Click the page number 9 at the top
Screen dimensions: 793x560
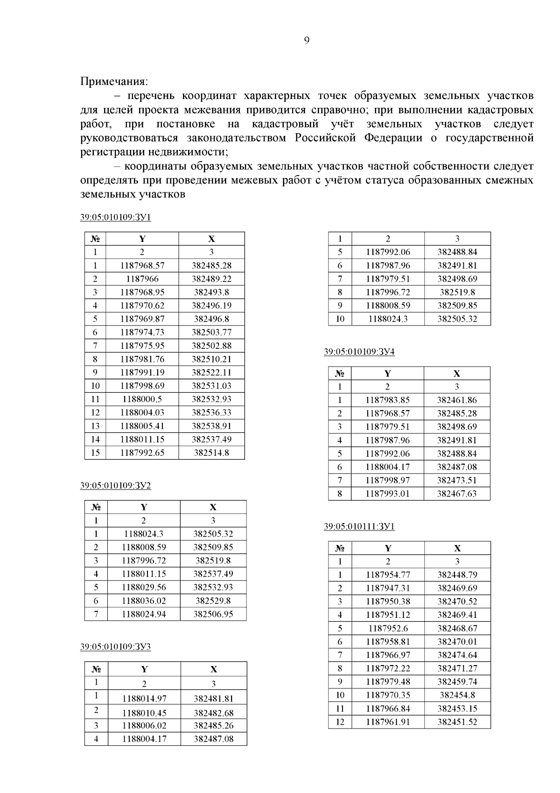[306, 41]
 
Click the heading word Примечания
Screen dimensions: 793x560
[114, 82]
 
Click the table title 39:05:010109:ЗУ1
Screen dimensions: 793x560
[116, 218]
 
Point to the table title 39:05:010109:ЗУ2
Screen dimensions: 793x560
[116, 486]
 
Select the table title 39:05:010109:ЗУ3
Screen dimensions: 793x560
[116, 647]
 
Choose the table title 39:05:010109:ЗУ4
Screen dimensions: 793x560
[359, 352]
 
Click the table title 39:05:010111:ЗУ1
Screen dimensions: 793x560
[359, 527]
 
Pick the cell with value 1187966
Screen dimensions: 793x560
[142, 279]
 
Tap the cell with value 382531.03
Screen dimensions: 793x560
[211, 386]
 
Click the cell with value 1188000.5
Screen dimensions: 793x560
[142, 399]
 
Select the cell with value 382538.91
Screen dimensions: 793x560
[211, 426]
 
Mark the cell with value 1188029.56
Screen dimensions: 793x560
[144, 588]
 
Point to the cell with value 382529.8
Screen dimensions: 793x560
[213, 601]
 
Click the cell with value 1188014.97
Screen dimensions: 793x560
[144, 699]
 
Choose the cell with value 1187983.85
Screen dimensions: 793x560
[388, 400]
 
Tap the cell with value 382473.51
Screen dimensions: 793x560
[457, 480]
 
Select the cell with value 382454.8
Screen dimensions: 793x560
[457, 695]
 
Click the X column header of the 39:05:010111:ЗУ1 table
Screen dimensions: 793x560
[457, 548]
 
